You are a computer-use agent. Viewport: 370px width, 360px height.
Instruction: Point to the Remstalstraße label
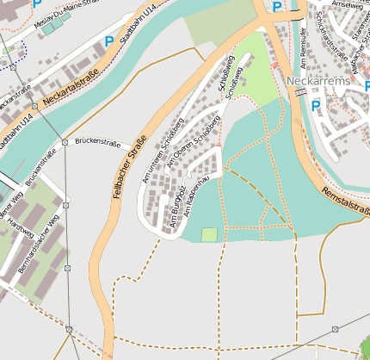click(x=344, y=201)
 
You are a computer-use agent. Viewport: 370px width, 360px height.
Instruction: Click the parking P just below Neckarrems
click(x=316, y=106)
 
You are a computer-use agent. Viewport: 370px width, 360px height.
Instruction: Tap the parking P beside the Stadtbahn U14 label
click(x=108, y=40)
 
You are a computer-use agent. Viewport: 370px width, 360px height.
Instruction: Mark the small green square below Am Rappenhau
click(x=209, y=234)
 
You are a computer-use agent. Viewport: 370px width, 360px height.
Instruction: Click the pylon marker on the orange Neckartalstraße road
click(x=34, y=106)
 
